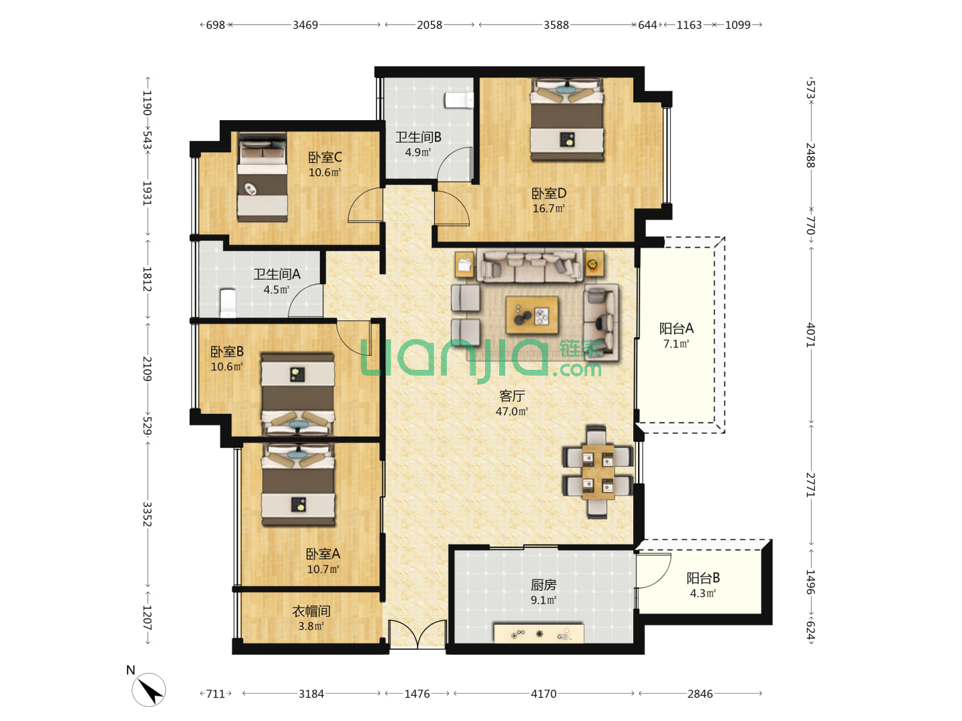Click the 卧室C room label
pyautogui.click(x=325, y=157)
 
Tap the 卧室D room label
pyautogui.click(x=548, y=193)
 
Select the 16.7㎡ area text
pyautogui.click(x=548, y=208)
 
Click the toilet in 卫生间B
pyautogui.click(x=459, y=100)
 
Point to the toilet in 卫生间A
pyautogui.click(x=227, y=302)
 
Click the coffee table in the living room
pyautogui.click(x=532, y=314)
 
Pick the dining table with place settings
pyautogui.click(x=598, y=471)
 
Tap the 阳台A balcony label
pyautogui.click(x=676, y=328)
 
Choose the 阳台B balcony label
pyautogui.click(x=703, y=578)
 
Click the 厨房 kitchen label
pyautogui.click(x=543, y=584)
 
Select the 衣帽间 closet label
pyautogui.click(x=311, y=611)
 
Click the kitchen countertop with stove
pyautogui.click(x=538, y=634)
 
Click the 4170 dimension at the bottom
pyautogui.click(x=543, y=694)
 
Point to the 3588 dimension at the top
pyautogui.click(x=556, y=25)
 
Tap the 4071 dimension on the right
pyautogui.click(x=810, y=335)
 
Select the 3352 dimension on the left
pyautogui.click(x=147, y=514)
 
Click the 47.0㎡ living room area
pyautogui.click(x=512, y=411)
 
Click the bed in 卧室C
pyautogui.click(x=262, y=178)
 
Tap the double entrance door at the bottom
pyautogui.click(x=418, y=634)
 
